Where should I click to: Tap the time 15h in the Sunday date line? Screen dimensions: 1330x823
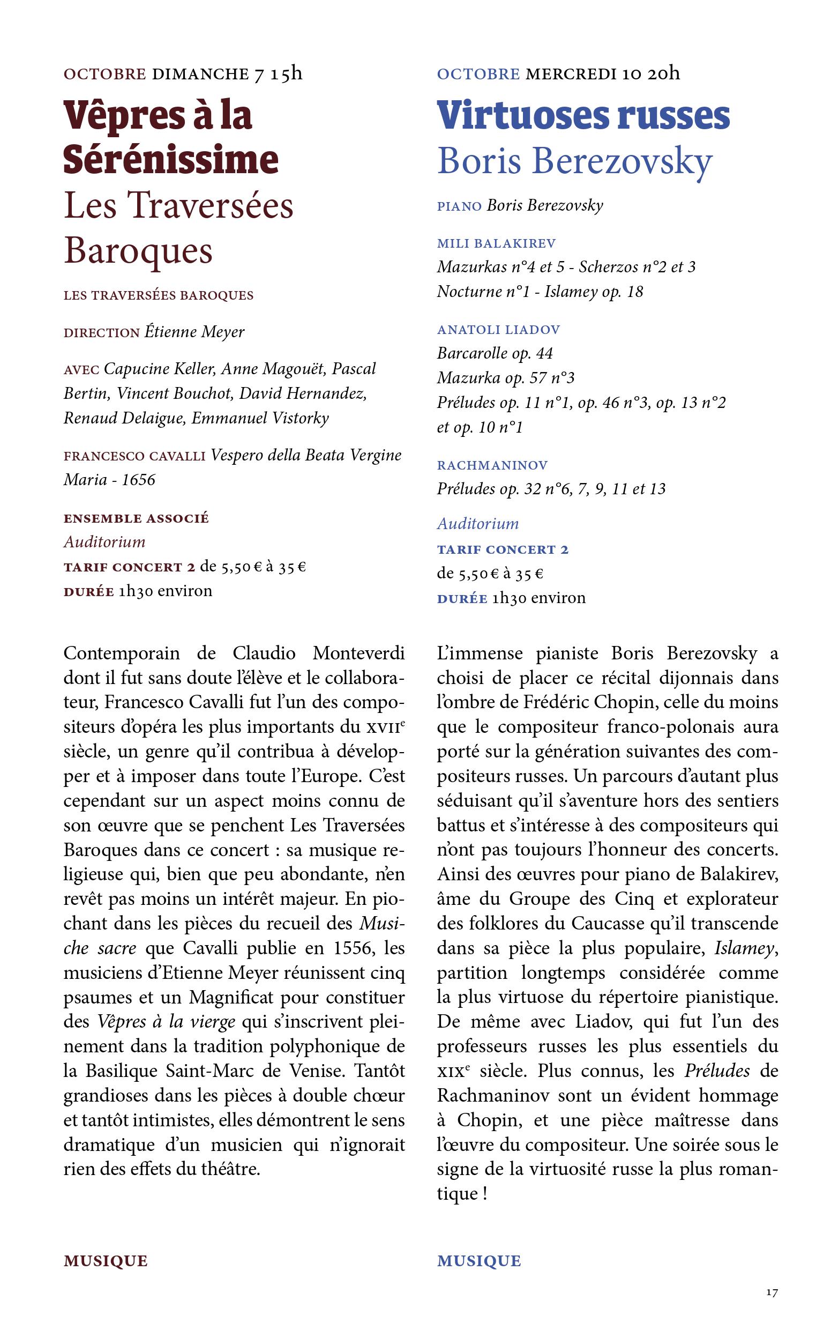(284, 73)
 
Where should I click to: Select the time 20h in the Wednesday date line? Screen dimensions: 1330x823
(663, 73)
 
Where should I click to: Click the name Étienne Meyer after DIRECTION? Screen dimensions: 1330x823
(194, 331)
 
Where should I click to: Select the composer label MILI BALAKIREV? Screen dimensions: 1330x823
(496, 243)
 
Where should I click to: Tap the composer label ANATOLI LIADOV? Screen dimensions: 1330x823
(498, 329)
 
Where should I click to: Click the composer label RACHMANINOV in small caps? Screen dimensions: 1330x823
(492, 465)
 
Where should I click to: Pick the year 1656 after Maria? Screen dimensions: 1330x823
(138, 480)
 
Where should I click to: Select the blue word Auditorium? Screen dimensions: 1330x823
(478, 524)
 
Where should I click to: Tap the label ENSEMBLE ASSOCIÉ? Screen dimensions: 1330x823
(136, 518)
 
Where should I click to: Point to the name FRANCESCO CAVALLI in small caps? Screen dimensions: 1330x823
(134, 456)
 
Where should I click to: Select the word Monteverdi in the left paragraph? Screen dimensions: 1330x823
(358, 653)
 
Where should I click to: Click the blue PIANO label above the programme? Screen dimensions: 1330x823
(459, 206)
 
